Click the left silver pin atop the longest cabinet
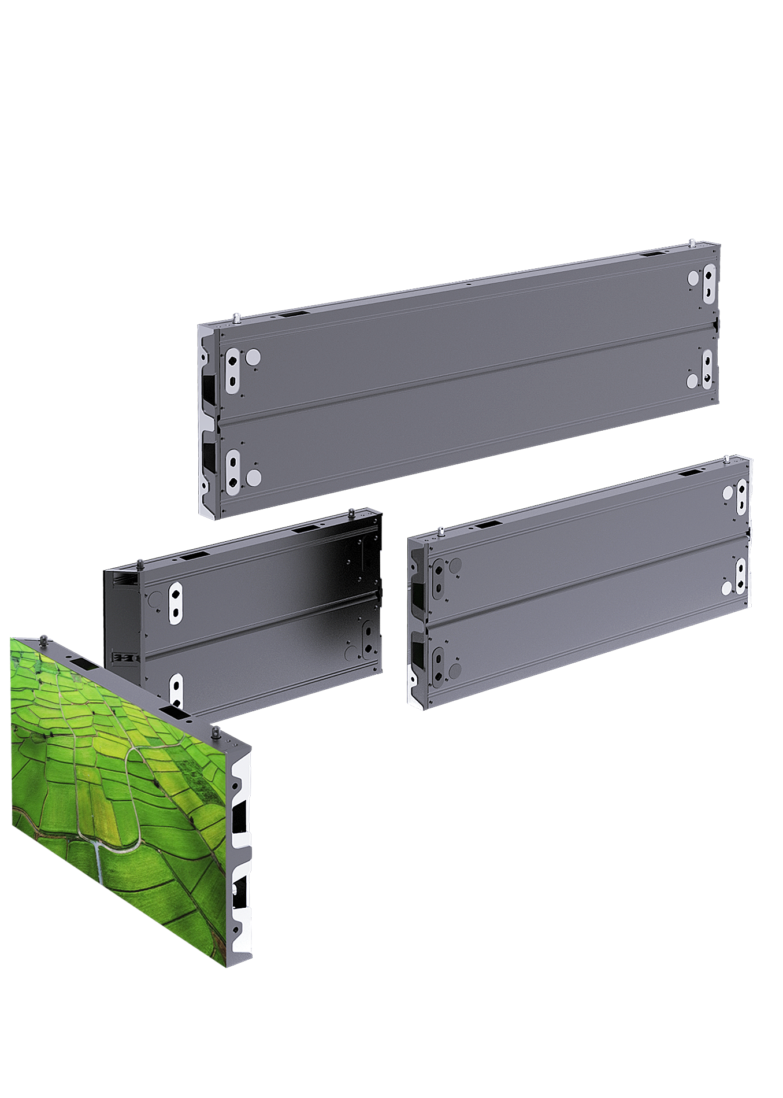(x=236, y=317)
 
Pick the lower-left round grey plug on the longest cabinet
(x=252, y=477)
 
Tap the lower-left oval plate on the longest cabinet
(x=232, y=471)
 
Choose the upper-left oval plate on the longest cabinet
(x=232, y=370)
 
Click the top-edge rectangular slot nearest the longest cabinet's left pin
(x=295, y=314)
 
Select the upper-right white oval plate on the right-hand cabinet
(x=740, y=496)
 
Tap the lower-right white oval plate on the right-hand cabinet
(x=740, y=575)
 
